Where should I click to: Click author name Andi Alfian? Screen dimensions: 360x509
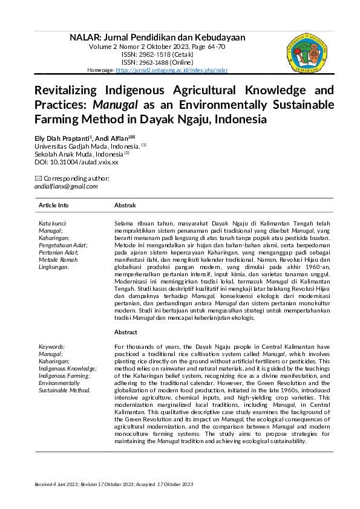(x=119, y=138)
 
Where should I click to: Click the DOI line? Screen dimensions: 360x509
(x=76, y=162)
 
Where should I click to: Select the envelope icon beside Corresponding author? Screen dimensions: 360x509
(x=39, y=178)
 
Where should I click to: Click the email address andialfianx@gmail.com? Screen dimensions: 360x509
(x=66, y=186)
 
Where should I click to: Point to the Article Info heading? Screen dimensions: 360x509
(x=54, y=206)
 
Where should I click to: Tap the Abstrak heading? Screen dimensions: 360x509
(x=125, y=206)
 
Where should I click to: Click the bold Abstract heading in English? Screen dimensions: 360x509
(x=126, y=332)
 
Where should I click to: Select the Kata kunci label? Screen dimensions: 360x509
(x=53, y=224)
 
